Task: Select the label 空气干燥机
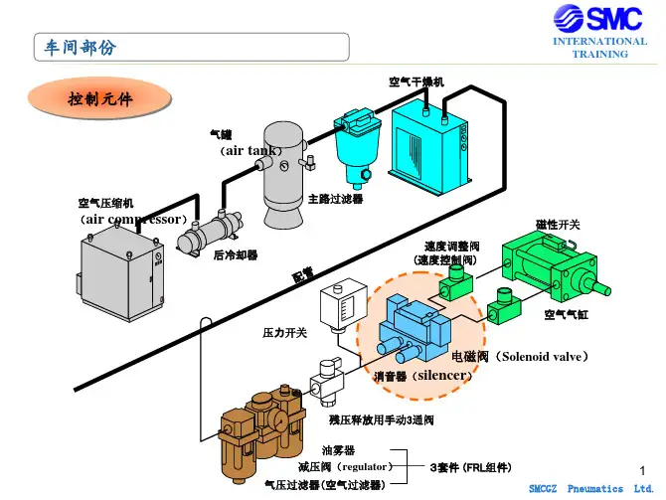tap(416, 81)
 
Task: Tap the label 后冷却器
tap(236, 255)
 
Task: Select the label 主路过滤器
tap(336, 199)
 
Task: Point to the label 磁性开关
tap(559, 225)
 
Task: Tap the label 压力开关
tap(284, 332)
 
